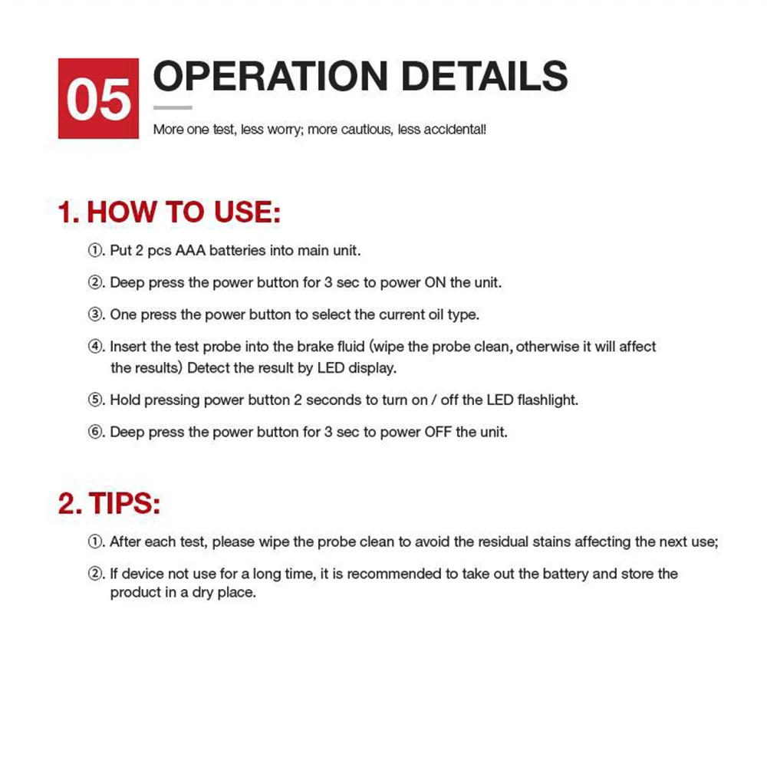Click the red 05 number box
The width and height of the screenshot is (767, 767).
[x=98, y=98]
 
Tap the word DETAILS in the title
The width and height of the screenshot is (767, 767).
[x=485, y=77]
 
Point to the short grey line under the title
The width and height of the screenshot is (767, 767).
[x=173, y=108]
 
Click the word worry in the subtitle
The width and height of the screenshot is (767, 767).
[x=285, y=130]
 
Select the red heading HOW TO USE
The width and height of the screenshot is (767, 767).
[x=183, y=212]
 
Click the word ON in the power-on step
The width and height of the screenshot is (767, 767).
[x=436, y=283]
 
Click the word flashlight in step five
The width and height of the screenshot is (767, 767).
[x=548, y=400]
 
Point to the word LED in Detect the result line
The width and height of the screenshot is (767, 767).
[x=331, y=368]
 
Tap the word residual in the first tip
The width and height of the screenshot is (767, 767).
[x=503, y=542]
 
